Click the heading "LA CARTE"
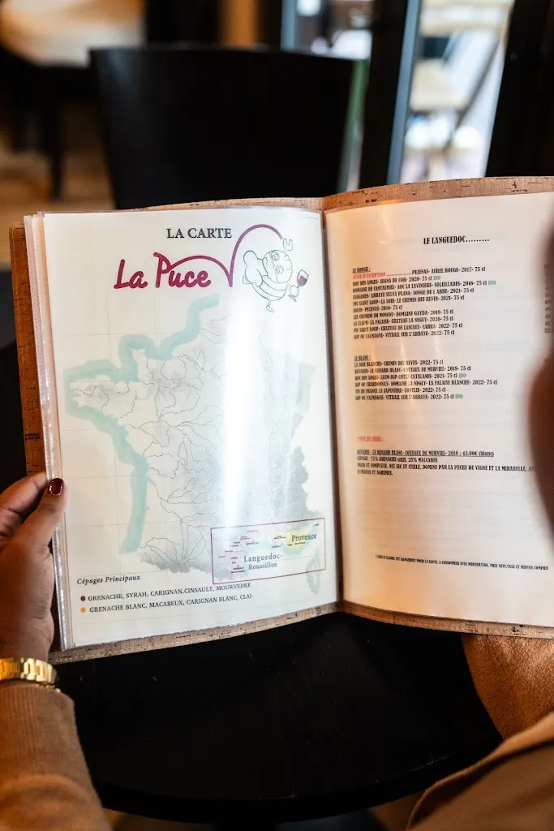click(199, 233)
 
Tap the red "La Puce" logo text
click(162, 272)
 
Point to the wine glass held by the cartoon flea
click(302, 278)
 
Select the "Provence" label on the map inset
click(303, 537)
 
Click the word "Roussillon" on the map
click(260, 565)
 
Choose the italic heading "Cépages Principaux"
click(109, 579)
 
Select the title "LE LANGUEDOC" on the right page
click(455, 240)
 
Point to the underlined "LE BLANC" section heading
click(362, 357)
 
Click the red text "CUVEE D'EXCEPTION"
click(370, 276)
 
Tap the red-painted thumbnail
click(55, 487)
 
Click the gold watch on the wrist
click(28, 670)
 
